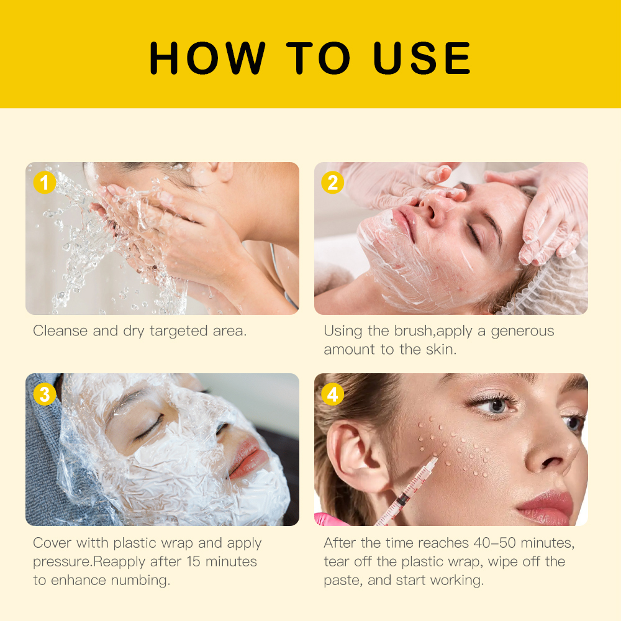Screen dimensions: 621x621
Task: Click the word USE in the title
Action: click(x=422, y=58)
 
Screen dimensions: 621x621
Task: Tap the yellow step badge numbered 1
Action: click(x=44, y=183)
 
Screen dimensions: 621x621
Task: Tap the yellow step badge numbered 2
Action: click(x=333, y=183)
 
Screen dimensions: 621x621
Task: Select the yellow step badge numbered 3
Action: click(x=44, y=394)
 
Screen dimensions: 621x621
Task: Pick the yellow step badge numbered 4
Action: click(x=333, y=394)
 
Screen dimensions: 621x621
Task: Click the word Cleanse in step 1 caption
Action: click(x=60, y=331)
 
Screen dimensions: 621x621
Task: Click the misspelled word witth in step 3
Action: click(x=93, y=543)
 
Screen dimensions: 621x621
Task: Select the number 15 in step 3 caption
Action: click(x=193, y=561)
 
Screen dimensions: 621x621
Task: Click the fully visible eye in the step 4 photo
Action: click(x=493, y=405)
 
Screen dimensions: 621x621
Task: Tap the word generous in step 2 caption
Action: click(x=522, y=331)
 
